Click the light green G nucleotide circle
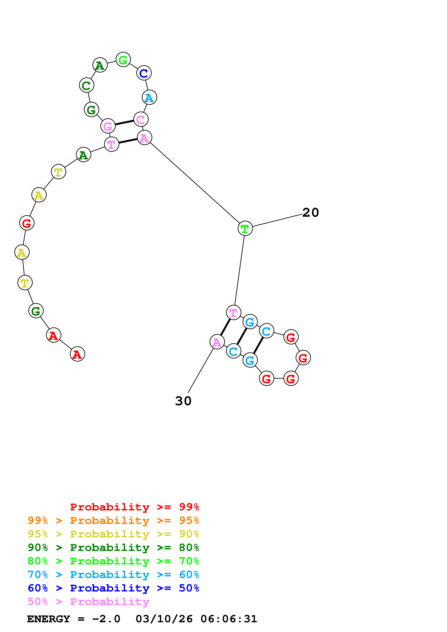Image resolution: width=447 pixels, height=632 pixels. click(x=123, y=59)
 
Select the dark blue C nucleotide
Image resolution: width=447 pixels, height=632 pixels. click(x=144, y=73)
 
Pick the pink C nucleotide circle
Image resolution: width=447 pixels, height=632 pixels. click(x=141, y=119)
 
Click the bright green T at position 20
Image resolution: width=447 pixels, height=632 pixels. click(x=245, y=228)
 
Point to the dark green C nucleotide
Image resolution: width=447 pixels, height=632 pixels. click(x=87, y=85)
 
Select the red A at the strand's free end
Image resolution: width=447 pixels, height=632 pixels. click(x=77, y=354)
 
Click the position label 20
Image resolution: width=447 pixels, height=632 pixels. click(x=310, y=213)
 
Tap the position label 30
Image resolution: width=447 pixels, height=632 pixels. click(x=183, y=401)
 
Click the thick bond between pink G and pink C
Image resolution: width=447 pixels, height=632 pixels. click(x=124, y=123)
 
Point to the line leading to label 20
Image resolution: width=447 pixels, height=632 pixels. click(x=277, y=221)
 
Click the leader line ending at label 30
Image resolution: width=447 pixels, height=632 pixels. click(x=201, y=371)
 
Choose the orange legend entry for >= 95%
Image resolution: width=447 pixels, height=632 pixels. click(x=113, y=520)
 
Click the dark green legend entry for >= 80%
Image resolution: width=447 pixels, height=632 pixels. click(x=113, y=548)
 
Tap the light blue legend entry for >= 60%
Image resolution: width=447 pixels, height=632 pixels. click(x=113, y=575)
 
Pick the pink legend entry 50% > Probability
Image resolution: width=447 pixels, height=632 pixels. click(x=88, y=601)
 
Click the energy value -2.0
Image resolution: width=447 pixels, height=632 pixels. click(x=106, y=619)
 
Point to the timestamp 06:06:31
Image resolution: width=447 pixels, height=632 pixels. click(x=229, y=619)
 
